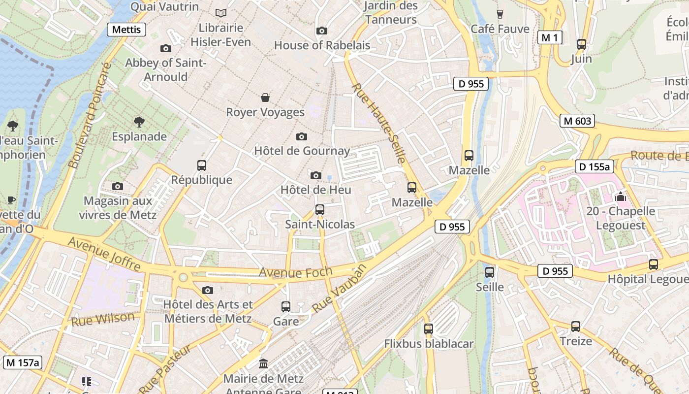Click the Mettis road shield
pos(126,30)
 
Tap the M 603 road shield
pos(577,121)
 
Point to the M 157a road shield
pos(23,363)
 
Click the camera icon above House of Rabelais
pos(321,31)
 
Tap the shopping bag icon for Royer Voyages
pos(265,98)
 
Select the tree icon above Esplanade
pos(139,122)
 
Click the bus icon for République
pos(202,165)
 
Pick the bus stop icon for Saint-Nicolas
pos(320,210)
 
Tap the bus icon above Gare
pos(286,307)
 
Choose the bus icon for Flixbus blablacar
pos(429,329)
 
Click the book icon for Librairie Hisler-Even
pos(221,13)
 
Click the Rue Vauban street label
pos(340,288)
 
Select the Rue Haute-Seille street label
pos(379,123)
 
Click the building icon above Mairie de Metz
pos(263,364)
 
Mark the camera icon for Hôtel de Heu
pos(316,175)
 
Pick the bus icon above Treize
pos(576,326)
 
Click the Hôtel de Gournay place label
pos(302,151)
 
